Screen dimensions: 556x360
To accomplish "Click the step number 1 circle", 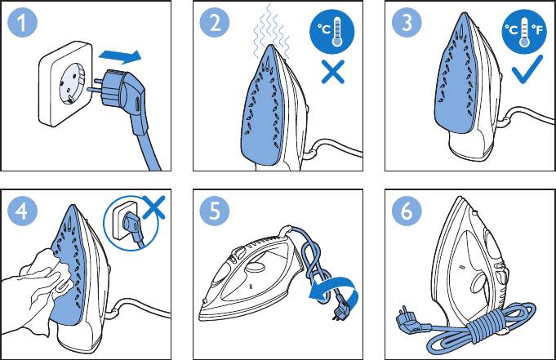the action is coord(22,22).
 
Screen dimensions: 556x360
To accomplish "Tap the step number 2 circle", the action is coord(215,22).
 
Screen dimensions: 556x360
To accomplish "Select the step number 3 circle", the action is coord(407,22).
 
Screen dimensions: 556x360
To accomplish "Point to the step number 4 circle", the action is coord(22,211).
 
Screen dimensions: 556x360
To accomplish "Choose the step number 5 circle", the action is coord(215,211).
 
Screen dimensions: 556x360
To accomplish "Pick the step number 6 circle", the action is coord(407,211).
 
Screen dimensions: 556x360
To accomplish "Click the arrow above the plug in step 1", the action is coord(120,57).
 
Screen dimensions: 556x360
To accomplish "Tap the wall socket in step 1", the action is coord(66,84).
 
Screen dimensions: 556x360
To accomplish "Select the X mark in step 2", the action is coord(332,72).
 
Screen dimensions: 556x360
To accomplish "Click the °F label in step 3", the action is coord(537,29).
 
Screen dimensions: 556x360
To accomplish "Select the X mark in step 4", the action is coord(153,207).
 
